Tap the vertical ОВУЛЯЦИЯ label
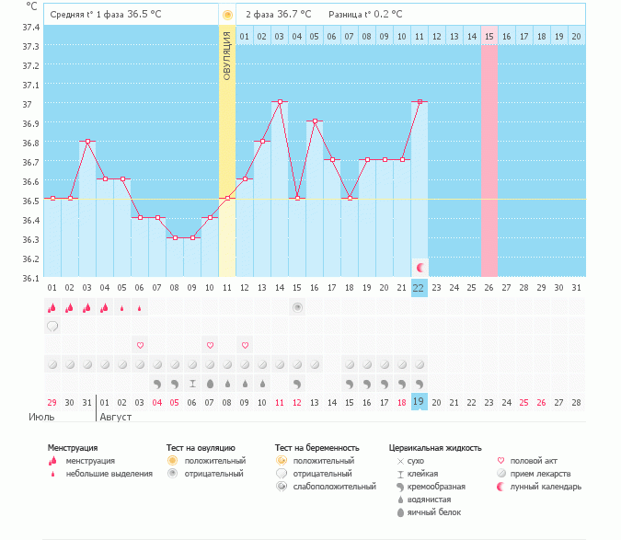click(x=226, y=55)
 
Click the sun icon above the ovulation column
click(x=227, y=15)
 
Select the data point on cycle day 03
click(x=87, y=141)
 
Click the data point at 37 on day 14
click(x=280, y=101)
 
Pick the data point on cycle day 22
click(x=420, y=101)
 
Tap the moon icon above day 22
click(x=420, y=267)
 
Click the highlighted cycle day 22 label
click(x=420, y=288)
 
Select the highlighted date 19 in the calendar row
click(x=420, y=402)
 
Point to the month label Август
click(x=115, y=417)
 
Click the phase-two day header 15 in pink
click(x=489, y=36)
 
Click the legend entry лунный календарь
click(x=546, y=486)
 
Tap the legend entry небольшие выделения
click(x=111, y=473)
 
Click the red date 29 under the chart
click(x=52, y=402)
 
